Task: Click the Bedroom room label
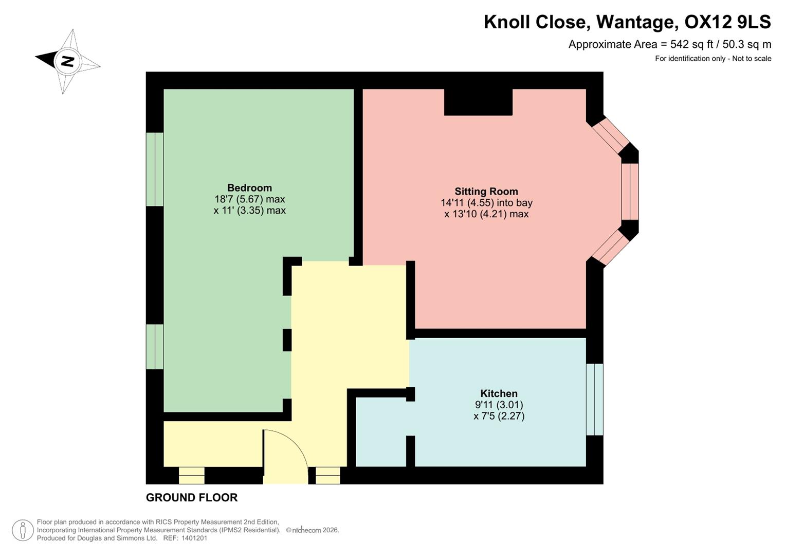coord(249,188)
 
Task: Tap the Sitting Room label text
coord(486,192)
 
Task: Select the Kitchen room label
coord(499,394)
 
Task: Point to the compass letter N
coord(67,62)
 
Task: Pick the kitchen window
coord(594,399)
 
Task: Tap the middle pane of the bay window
coord(630,192)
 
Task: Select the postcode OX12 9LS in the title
coord(728,22)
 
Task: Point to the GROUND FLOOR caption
coord(192,497)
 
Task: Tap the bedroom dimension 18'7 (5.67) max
coord(249,199)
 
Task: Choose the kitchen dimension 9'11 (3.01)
coord(499,405)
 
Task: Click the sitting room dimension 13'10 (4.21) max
coord(486,214)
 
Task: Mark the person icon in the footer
coord(23,530)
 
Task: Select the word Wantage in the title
coord(635,22)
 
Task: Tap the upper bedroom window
coord(155,169)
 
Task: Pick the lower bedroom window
coord(155,346)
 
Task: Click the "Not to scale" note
coord(752,59)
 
